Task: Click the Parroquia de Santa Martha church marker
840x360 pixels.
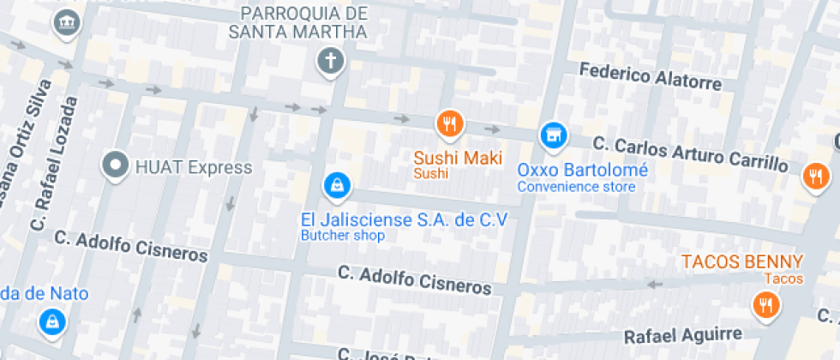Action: point(330,61)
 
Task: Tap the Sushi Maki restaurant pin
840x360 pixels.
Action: point(449,123)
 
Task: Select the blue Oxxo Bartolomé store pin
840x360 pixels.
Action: point(553,134)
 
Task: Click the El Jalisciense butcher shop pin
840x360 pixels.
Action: point(334,184)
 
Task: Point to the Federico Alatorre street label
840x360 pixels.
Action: point(651,76)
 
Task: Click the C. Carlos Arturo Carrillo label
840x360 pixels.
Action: point(690,151)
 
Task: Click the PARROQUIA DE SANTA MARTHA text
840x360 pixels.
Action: point(304,23)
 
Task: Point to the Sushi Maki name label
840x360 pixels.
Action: point(458,158)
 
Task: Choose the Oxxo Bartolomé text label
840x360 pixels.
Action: point(582,170)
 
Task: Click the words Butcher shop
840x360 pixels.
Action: point(342,236)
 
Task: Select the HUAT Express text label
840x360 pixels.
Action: point(194,166)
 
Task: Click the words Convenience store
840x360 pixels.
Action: point(576,187)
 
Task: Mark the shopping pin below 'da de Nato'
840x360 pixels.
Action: point(52,321)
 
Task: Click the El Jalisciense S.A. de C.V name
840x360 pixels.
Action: point(404,219)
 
